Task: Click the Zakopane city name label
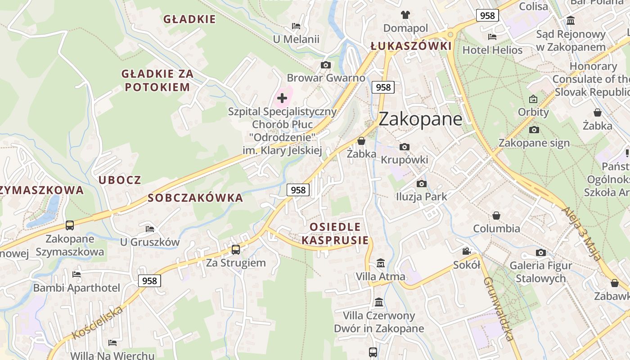click(420, 119)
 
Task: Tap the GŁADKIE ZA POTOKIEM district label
click(157, 81)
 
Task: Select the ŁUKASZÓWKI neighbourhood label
click(411, 46)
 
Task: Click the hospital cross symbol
click(282, 98)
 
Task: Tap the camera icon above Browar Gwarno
click(326, 65)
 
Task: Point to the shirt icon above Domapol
click(405, 15)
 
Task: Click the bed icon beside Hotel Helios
click(492, 37)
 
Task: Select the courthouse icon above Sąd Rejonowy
click(571, 21)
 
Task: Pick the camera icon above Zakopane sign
click(534, 130)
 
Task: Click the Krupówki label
click(405, 160)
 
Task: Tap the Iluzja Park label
click(422, 196)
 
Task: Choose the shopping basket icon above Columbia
click(496, 216)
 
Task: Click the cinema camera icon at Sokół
click(467, 251)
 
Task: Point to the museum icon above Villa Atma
click(381, 263)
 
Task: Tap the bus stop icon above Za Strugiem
click(236, 249)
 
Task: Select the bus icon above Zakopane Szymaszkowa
click(70, 225)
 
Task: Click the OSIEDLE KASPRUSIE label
click(335, 233)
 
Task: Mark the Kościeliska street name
click(97, 323)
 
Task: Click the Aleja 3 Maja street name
click(582, 234)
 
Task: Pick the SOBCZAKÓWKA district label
click(195, 198)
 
